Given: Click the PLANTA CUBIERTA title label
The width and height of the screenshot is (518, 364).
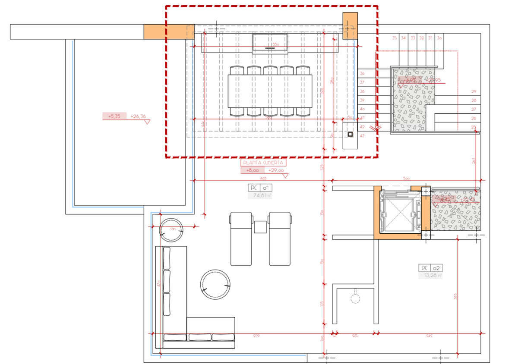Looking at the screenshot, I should pyautogui.click(x=263, y=163).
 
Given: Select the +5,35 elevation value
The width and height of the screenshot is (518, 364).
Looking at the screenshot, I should pyautogui.click(x=114, y=116).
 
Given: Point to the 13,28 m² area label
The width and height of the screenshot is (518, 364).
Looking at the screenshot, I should pyautogui.click(x=430, y=276).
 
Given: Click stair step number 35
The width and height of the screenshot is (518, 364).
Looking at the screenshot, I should pyautogui.click(x=394, y=38).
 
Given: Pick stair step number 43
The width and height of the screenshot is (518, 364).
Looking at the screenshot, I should pyautogui.click(x=362, y=136).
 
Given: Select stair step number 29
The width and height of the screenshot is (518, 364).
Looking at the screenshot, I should pyautogui.click(x=474, y=91).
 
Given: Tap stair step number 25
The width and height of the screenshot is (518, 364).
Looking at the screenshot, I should pyautogui.click(x=474, y=127).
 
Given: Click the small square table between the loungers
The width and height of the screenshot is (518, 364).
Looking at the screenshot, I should pyautogui.click(x=260, y=226).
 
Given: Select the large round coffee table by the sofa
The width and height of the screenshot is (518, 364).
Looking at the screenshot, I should pyautogui.click(x=215, y=285).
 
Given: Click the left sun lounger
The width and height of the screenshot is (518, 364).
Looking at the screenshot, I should pyautogui.click(x=241, y=238).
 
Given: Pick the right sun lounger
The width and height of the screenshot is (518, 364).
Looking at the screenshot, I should pyautogui.click(x=280, y=238).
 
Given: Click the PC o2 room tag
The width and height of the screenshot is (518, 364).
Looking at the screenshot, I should pyautogui.click(x=430, y=268).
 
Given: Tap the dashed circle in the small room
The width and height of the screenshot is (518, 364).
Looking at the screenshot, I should pyautogui.click(x=355, y=298).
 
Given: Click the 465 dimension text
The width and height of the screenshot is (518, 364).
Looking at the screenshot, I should pyautogui.click(x=263, y=178).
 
